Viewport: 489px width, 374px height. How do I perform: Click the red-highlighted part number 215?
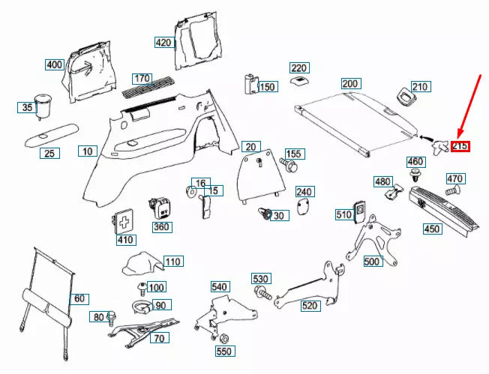coord(460,145)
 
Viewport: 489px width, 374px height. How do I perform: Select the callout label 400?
coord(55,64)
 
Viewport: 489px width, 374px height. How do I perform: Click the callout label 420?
coord(163,42)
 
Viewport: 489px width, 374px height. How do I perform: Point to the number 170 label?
coord(142,78)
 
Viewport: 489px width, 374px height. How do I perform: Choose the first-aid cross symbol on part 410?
coord(124,221)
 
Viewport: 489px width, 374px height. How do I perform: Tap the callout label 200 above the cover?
coord(350,83)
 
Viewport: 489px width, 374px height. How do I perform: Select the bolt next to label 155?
coord(287,162)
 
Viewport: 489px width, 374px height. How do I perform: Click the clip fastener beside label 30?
coord(264,214)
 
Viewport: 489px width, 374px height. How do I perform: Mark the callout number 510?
coord(343,215)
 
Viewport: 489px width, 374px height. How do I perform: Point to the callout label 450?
coord(432,229)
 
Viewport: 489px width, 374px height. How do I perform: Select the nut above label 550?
coord(223,337)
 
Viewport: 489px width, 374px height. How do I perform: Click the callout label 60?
coord(79,298)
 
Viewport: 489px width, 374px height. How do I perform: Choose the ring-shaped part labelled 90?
coord(139,306)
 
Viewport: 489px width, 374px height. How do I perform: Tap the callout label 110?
coord(173,262)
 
